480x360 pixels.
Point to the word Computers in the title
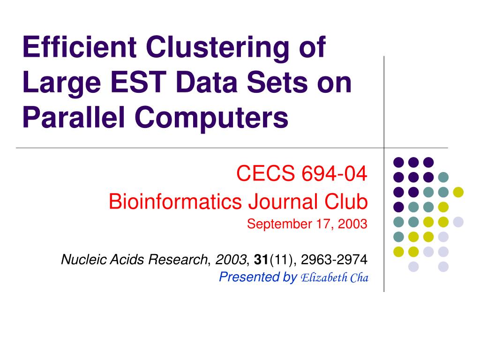click(212, 119)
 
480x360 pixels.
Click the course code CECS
click(260, 174)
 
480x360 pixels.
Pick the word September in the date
click(272, 225)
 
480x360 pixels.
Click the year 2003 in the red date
click(354, 225)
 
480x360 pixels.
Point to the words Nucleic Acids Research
click(134, 259)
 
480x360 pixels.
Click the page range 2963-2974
click(334, 259)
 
